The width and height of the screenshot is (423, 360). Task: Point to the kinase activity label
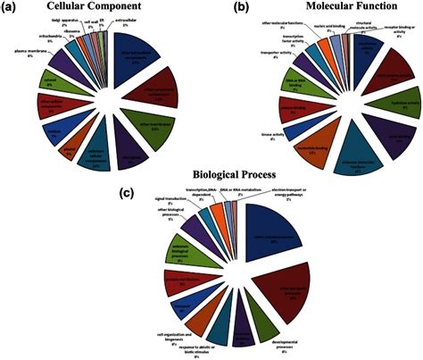click(x=235, y=131)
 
